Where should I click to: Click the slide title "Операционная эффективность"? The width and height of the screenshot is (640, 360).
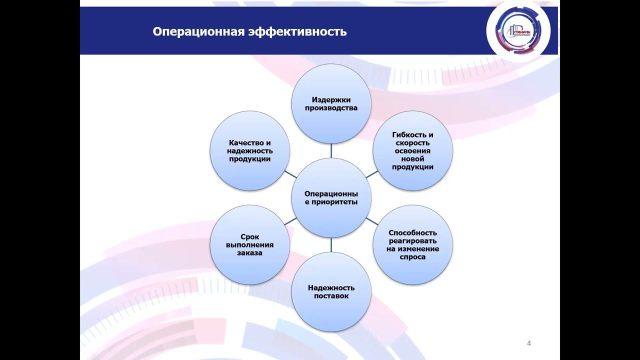(249, 32)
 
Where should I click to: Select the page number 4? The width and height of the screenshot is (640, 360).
(529, 343)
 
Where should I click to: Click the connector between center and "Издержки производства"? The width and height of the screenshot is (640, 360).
(331, 150)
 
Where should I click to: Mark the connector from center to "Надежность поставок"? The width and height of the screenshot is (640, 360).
(331, 244)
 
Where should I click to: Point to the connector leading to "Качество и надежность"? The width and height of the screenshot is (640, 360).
(290, 174)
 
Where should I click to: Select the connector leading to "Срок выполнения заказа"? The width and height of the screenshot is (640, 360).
(290, 221)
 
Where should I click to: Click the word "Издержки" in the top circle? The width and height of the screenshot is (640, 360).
(331, 99)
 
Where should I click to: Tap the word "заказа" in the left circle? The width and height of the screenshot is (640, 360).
(249, 253)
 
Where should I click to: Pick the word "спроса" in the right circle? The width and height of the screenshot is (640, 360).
(412, 257)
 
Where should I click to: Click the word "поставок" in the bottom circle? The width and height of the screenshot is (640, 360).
(331, 296)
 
